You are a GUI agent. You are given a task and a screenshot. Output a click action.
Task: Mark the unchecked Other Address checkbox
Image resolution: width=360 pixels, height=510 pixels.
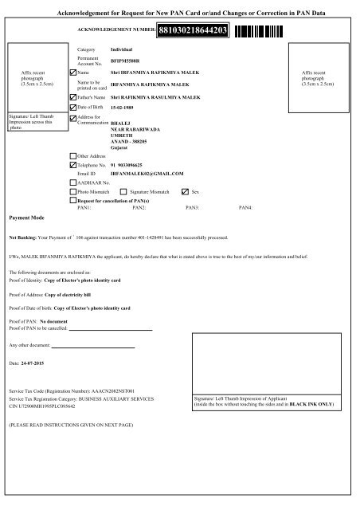tap(72, 156)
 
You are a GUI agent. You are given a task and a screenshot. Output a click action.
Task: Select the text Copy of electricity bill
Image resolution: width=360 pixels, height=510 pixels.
tap(77, 316)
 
